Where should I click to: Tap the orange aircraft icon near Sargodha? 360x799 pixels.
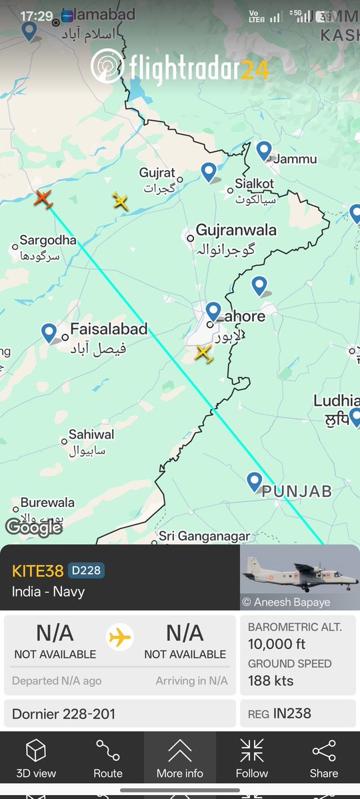[x=43, y=198]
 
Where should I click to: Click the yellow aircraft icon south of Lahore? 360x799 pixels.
[x=203, y=353]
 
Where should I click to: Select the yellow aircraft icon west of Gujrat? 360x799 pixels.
[x=120, y=200]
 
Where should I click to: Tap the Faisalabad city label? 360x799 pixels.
[x=109, y=329]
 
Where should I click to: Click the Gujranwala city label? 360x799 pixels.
[x=236, y=231]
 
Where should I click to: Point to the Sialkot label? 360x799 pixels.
[x=254, y=183]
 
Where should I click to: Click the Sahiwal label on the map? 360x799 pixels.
[x=91, y=434]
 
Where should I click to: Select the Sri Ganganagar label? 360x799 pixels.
[x=204, y=536]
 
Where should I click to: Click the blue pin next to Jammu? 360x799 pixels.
[x=265, y=151]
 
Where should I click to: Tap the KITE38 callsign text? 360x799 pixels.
[x=38, y=571]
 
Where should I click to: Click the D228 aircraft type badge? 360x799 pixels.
[x=86, y=571]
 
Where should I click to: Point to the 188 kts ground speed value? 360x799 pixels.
[x=271, y=680]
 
